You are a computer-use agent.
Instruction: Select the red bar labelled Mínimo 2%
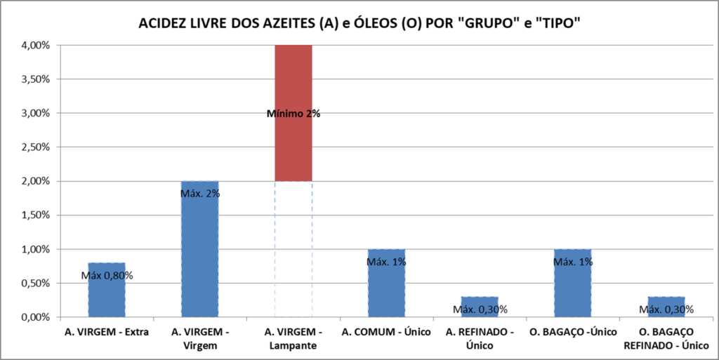293,77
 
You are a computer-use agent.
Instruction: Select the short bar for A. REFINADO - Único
480,299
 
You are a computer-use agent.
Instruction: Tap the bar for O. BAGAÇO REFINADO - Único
666,299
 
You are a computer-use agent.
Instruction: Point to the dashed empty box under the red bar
293,249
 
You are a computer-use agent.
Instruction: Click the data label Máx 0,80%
107,275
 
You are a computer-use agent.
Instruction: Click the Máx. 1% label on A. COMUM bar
386,262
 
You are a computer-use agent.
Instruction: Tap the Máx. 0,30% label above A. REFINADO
480,309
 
